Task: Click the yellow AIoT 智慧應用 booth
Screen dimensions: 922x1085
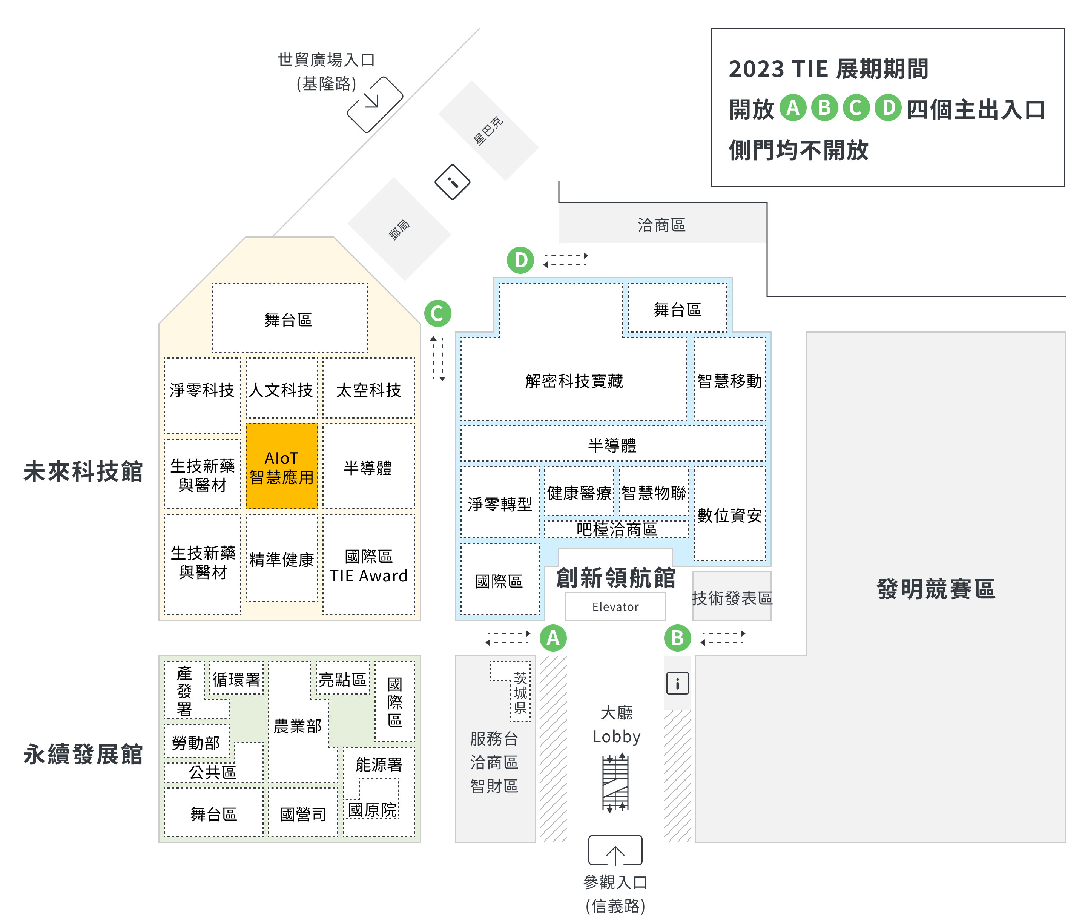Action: coord(281,466)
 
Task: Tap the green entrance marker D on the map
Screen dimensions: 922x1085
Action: coord(520,260)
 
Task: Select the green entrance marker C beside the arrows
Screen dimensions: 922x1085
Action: coord(437,313)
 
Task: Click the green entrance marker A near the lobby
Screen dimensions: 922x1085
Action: coord(552,638)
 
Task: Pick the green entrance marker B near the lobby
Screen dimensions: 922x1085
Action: coord(677,638)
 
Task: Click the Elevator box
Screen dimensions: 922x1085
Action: coord(615,606)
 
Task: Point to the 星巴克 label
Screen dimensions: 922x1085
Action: coord(488,131)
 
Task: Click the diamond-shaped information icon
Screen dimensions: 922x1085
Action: coord(453,182)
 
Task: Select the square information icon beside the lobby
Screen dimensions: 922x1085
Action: coord(677,683)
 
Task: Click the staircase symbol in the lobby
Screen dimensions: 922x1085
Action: coord(615,782)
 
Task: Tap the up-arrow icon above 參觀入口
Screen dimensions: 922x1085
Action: coord(615,851)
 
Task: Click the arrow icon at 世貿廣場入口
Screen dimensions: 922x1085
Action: coord(375,104)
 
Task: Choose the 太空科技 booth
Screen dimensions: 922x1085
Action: coord(368,390)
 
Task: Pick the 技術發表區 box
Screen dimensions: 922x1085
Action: coord(732,597)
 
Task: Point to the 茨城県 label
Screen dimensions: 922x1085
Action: coord(520,693)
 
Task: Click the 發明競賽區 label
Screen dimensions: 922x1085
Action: coord(936,589)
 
